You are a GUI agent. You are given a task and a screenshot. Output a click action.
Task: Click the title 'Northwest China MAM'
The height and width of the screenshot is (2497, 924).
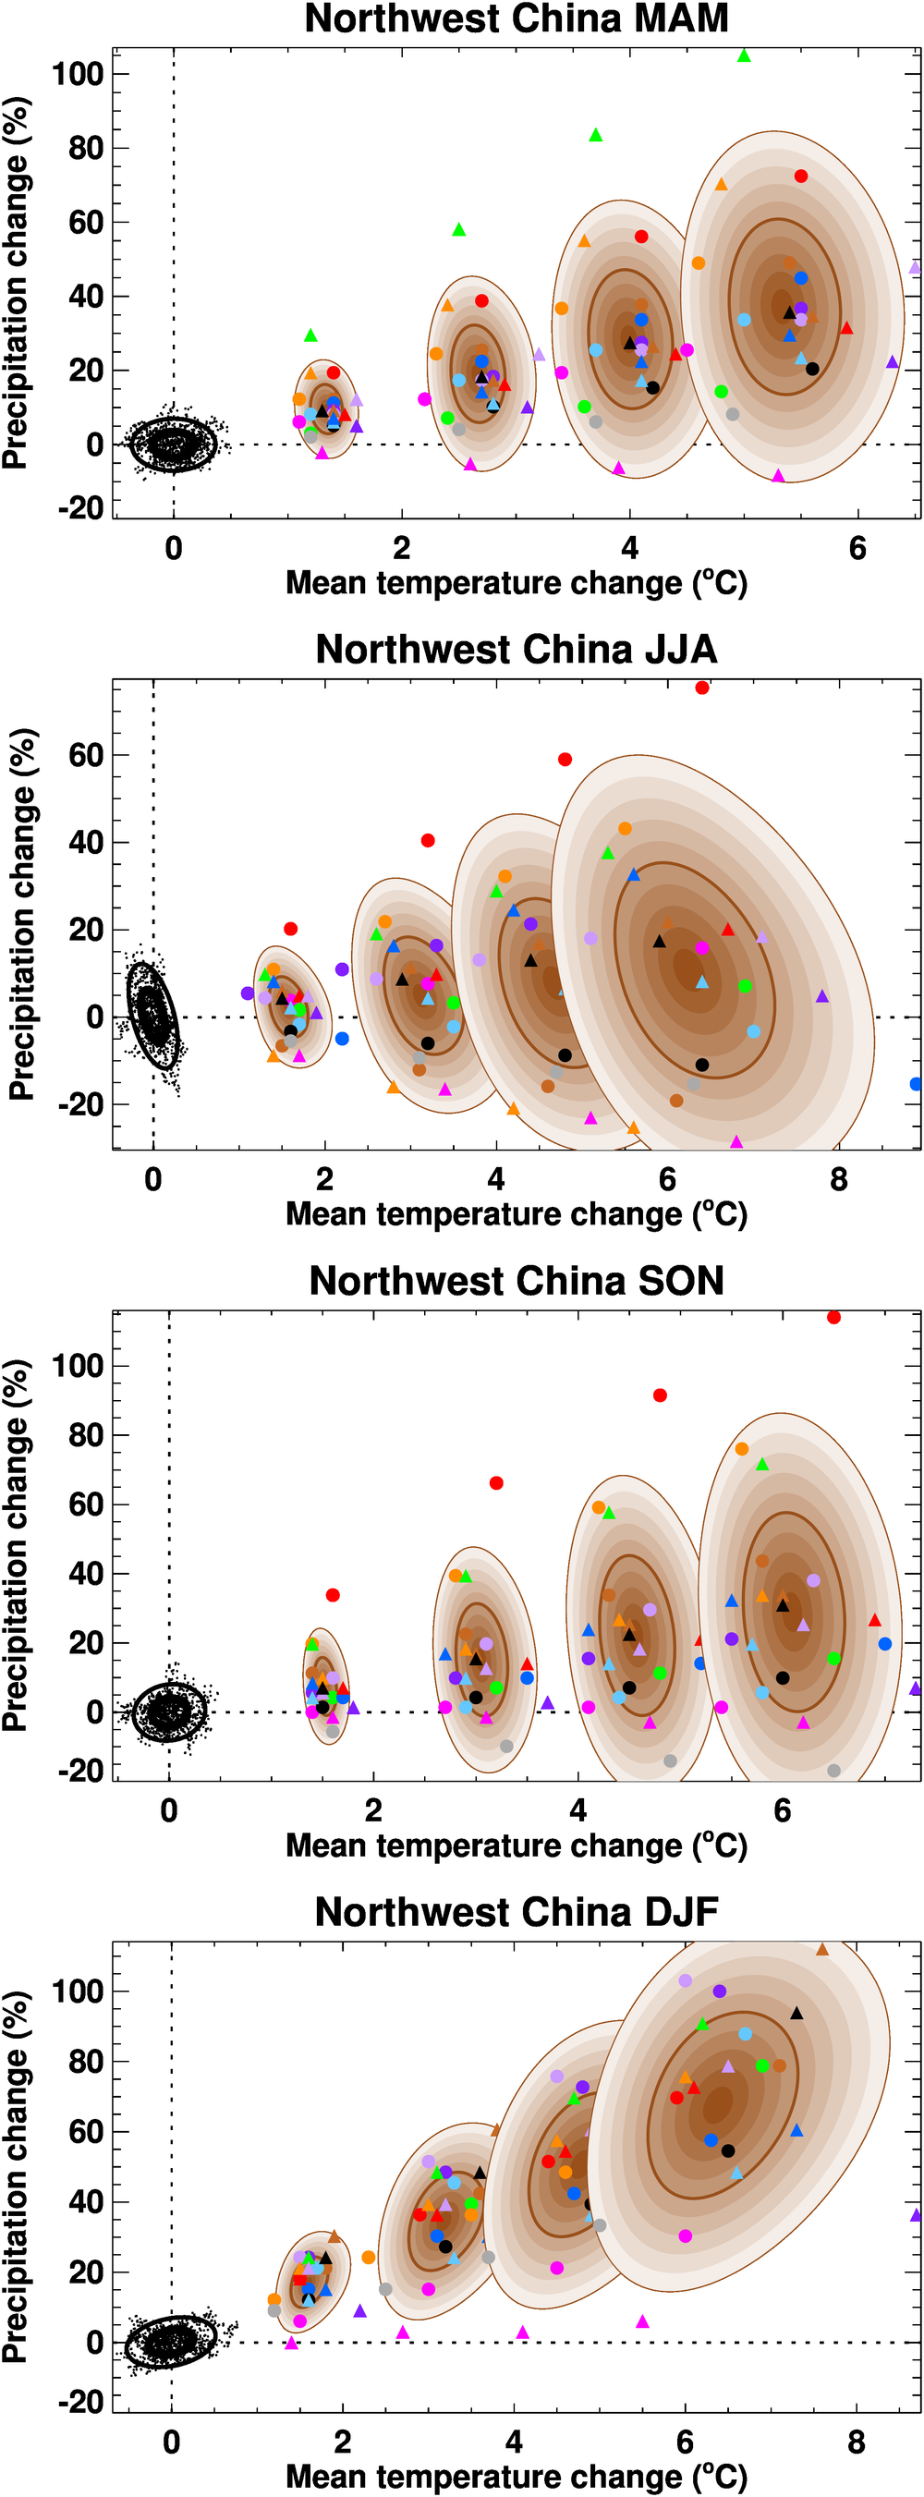pyautogui.click(x=516, y=19)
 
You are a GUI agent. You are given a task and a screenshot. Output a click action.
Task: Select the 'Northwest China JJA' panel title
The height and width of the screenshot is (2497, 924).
pyautogui.click(x=516, y=650)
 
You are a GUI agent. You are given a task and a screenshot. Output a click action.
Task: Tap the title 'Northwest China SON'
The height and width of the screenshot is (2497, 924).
pyautogui.click(x=516, y=1282)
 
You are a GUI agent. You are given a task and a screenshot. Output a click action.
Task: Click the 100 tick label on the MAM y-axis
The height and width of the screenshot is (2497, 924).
pyautogui.click(x=78, y=74)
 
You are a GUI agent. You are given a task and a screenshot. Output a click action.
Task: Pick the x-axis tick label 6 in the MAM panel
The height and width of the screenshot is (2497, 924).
pyautogui.click(x=857, y=549)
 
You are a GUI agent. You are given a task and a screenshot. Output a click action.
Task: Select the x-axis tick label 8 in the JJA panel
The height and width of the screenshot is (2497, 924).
pyautogui.click(x=839, y=1180)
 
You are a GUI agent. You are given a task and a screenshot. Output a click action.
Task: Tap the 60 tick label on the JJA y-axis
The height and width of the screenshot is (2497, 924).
pyautogui.click(x=85, y=755)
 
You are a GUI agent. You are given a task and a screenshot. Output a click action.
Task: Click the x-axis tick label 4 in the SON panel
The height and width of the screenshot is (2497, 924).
pyautogui.click(x=577, y=1810)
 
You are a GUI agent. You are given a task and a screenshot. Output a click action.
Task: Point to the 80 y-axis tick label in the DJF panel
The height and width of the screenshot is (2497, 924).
pyautogui.click(x=85, y=2062)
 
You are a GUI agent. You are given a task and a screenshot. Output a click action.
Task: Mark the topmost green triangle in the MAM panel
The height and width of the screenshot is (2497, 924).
pyautogui.click(x=744, y=56)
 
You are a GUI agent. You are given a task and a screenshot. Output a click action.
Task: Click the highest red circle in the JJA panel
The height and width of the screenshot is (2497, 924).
pyautogui.click(x=702, y=688)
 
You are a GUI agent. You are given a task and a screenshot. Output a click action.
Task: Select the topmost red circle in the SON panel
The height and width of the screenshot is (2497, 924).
pyautogui.click(x=833, y=1317)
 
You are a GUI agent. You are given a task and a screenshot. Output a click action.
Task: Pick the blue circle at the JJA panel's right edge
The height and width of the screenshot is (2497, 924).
pyautogui.click(x=917, y=1084)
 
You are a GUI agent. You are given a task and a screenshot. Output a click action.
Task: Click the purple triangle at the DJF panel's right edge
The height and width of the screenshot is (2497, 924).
pyautogui.click(x=917, y=2215)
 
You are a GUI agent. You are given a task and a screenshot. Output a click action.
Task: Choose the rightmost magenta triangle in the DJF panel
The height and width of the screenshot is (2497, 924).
pyautogui.click(x=642, y=2321)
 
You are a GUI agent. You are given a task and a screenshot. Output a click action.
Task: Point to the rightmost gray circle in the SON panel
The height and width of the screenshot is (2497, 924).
pyautogui.click(x=833, y=1771)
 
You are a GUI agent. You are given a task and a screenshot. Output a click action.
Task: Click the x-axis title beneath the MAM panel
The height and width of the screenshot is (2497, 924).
pyautogui.click(x=516, y=583)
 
